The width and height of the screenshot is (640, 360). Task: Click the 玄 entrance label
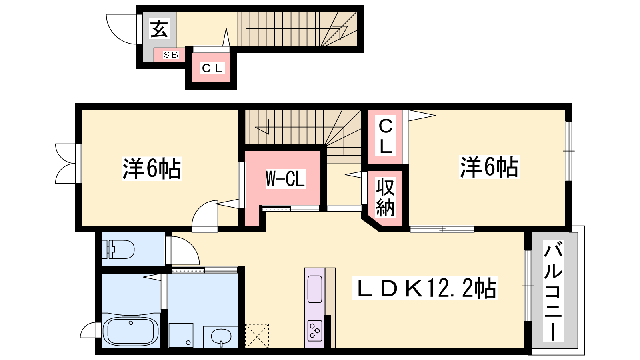(x=159, y=28)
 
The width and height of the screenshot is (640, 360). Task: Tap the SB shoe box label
(x=171, y=54)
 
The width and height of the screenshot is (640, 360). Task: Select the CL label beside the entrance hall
(x=212, y=68)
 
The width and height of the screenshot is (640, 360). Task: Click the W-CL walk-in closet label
(x=285, y=179)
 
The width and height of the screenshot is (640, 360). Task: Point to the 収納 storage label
(x=386, y=197)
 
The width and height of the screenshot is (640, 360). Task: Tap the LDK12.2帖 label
(x=425, y=288)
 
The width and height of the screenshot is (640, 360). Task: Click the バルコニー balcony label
(x=553, y=291)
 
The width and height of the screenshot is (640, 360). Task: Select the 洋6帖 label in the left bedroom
(x=152, y=168)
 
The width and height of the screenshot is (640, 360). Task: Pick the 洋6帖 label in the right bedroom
(x=489, y=167)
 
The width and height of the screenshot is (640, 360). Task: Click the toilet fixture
(x=118, y=249)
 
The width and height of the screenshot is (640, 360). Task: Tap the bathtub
(x=130, y=332)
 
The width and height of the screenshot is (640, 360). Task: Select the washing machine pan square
(x=181, y=336)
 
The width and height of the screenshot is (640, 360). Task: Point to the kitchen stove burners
(x=315, y=330)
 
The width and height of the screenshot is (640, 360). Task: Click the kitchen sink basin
(x=315, y=289)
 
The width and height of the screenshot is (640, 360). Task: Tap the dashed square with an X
(x=257, y=336)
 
